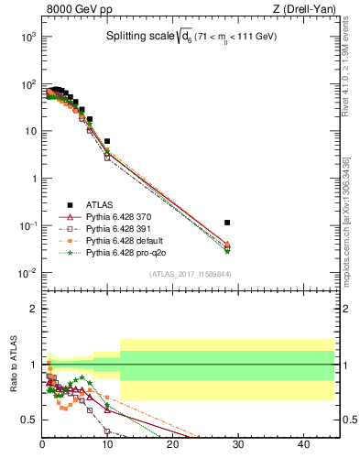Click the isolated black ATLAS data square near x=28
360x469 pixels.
coord(227,223)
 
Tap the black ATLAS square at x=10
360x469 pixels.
coord(107,142)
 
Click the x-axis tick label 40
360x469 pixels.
coord(303,446)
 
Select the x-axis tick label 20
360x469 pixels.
coord(172,446)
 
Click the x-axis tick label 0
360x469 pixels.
coord(42,446)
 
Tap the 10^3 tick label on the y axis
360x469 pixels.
coord(27,37)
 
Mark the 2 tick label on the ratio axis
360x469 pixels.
coord(33,309)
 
